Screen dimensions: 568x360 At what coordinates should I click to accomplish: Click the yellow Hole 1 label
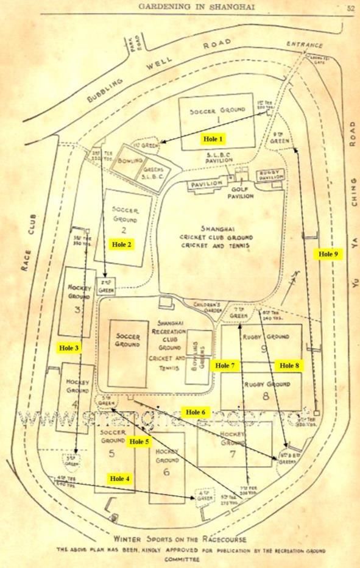(x=213, y=139)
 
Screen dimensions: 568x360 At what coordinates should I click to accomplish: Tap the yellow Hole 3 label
(x=68, y=347)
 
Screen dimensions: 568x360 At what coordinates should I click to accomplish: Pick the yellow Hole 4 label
(x=119, y=479)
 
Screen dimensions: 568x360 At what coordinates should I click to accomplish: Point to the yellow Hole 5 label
(x=139, y=441)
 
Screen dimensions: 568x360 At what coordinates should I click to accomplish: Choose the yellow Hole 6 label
(x=196, y=412)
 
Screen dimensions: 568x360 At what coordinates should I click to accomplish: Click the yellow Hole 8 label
(x=289, y=366)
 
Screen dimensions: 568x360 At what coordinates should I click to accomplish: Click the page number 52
(x=351, y=8)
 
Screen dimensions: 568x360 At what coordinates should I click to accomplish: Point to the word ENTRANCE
(x=305, y=44)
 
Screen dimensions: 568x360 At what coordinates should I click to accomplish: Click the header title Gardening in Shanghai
(x=196, y=7)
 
